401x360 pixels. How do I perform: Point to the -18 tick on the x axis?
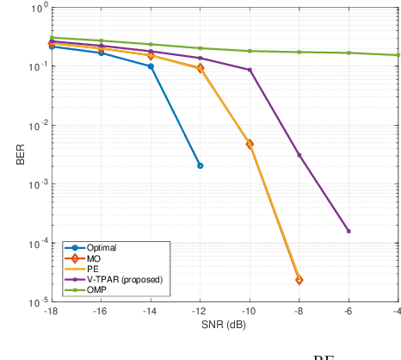pyautogui.click(x=51, y=311)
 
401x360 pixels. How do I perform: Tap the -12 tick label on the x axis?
pyautogui.click(x=200, y=311)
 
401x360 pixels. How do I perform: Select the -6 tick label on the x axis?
pyautogui.click(x=349, y=311)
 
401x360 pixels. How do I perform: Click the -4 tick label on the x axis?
pyautogui.click(x=397, y=311)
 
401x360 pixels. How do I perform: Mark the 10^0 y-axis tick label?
pyautogui.click(x=35, y=8)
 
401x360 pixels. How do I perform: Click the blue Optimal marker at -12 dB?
pyautogui.click(x=200, y=165)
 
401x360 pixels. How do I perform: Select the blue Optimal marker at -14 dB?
pyautogui.click(x=151, y=66)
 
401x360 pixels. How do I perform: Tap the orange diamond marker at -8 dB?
pyautogui.click(x=299, y=280)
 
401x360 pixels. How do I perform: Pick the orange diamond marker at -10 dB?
pyautogui.click(x=250, y=144)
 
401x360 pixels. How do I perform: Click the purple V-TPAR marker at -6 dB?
pyautogui.click(x=349, y=231)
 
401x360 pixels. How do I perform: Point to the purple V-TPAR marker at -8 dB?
pyautogui.click(x=299, y=155)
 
